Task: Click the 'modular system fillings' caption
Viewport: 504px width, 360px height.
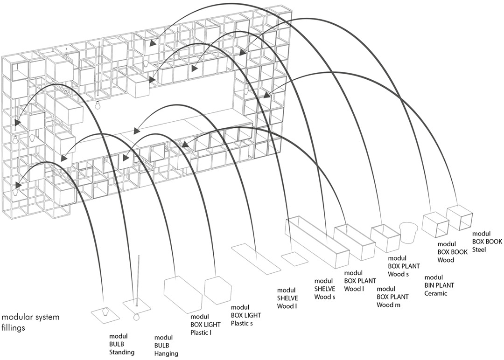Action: coord(30,322)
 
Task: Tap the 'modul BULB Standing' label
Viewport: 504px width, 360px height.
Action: coord(122,344)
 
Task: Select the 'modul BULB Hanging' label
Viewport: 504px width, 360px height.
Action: coord(166,346)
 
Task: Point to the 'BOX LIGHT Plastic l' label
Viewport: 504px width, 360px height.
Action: coord(205,325)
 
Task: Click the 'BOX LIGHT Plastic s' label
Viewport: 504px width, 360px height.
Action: coord(246,315)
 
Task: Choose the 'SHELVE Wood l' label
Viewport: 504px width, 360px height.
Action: coord(287,298)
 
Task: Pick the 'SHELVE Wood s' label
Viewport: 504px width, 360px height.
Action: coord(325,289)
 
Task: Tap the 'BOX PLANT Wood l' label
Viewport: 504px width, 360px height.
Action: coord(360,281)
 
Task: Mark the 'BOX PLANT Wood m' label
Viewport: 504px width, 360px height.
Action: coord(393,297)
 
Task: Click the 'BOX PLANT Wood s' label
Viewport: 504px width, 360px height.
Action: coord(404,266)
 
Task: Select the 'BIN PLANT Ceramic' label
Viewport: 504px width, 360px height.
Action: coord(439,285)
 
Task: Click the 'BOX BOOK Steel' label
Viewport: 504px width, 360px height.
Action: coord(487,241)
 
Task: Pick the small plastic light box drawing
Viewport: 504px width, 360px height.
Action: coord(218,290)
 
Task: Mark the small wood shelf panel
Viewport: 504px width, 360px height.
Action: coord(294,259)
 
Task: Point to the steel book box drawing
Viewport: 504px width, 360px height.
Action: coord(460,217)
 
